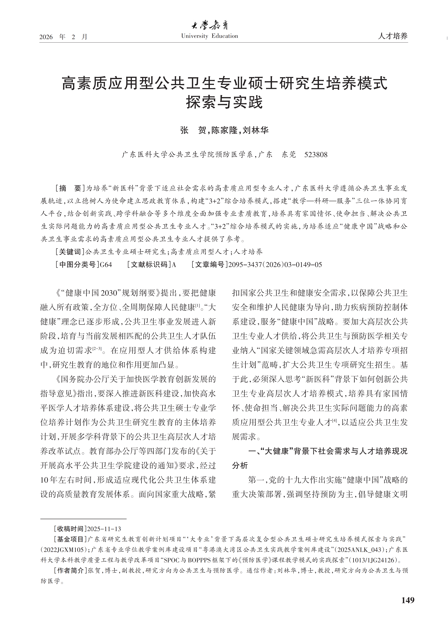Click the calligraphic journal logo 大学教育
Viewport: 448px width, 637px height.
point(210,26)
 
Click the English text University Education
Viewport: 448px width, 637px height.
point(210,36)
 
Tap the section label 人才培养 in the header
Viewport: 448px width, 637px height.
point(392,36)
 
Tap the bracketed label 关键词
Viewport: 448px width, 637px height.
point(70,252)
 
